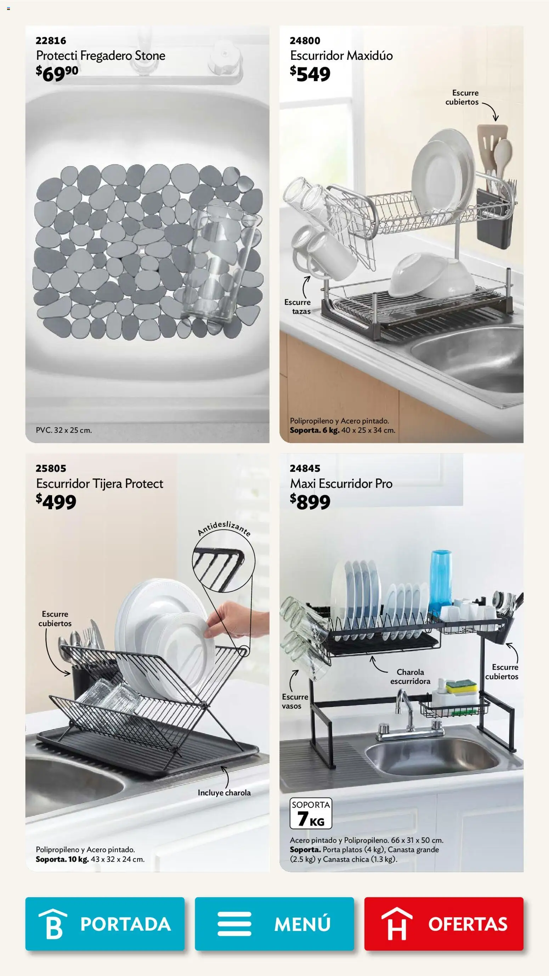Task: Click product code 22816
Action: pyautogui.click(x=51, y=40)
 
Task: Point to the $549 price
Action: pyautogui.click(x=310, y=74)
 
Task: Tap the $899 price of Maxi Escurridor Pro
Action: pyautogui.click(x=310, y=502)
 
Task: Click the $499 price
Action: pyautogui.click(x=56, y=502)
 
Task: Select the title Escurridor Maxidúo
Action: pyautogui.click(x=341, y=56)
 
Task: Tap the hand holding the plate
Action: pyautogui.click(x=236, y=623)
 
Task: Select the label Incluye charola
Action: pyautogui.click(x=224, y=793)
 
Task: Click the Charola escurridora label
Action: pyautogui.click(x=410, y=676)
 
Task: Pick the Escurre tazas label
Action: pyautogui.click(x=298, y=307)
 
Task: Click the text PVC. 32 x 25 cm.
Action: pyautogui.click(x=64, y=430)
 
